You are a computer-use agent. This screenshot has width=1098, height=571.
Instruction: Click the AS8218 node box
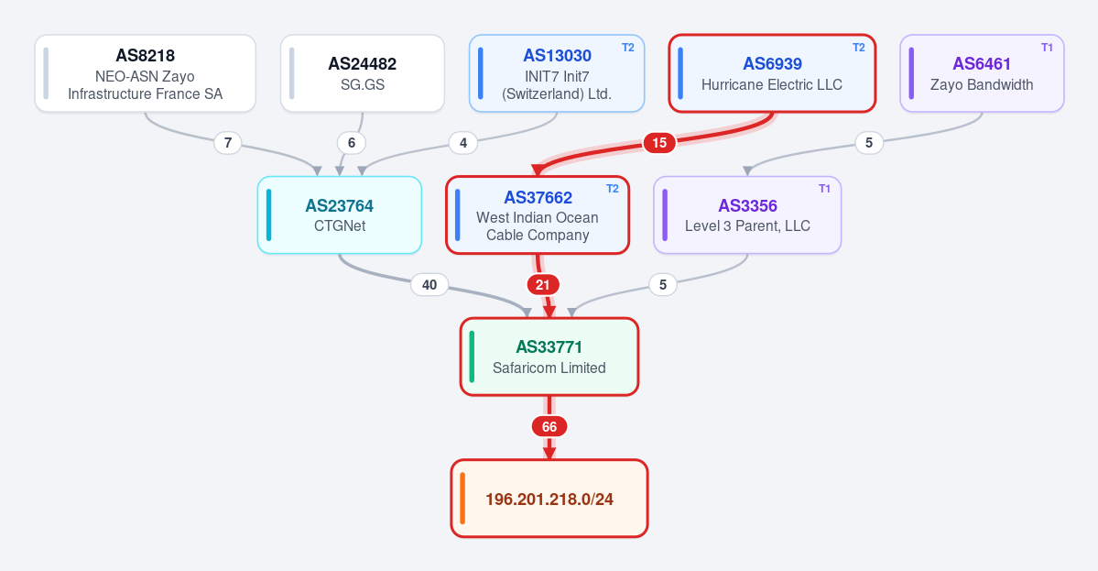pyautogui.click(x=145, y=73)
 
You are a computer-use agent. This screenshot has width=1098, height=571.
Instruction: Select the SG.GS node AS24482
pyautogui.click(x=363, y=73)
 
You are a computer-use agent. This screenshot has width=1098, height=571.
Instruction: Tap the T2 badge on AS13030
pyautogui.click(x=628, y=48)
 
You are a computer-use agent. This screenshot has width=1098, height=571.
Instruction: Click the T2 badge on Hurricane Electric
pyautogui.click(x=858, y=48)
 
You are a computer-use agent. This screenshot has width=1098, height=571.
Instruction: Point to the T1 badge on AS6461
pyautogui.click(x=1047, y=48)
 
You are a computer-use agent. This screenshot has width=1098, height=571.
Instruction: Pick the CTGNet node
pyautogui.click(x=340, y=215)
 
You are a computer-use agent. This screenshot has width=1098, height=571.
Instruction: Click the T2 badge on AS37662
pyautogui.click(x=612, y=189)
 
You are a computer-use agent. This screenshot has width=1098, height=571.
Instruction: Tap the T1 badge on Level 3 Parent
pyautogui.click(x=824, y=189)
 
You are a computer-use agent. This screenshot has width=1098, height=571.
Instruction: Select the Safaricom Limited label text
pyautogui.click(x=549, y=368)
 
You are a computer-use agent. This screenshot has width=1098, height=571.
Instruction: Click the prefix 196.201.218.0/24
pyautogui.click(x=549, y=499)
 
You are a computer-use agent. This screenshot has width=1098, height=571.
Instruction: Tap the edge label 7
pyautogui.click(x=228, y=143)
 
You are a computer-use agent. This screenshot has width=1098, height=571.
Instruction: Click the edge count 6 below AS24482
pyautogui.click(x=352, y=143)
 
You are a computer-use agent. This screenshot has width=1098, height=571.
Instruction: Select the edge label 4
pyautogui.click(x=462, y=143)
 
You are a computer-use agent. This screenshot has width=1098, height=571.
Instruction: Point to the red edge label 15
pyautogui.click(x=659, y=143)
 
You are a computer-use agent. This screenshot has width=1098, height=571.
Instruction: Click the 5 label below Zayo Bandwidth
pyautogui.click(x=869, y=143)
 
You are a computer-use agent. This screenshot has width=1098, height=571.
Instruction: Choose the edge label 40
pyautogui.click(x=429, y=284)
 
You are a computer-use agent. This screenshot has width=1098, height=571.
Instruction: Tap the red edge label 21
pyautogui.click(x=543, y=284)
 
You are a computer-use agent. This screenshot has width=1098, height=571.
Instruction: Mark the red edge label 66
pyautogui.click(x=549, y=427)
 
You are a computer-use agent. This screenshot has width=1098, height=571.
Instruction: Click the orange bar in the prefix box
pyautogui.click(x=462, y=499)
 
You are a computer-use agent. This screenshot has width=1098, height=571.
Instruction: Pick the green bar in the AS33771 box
pyautogui.click(x=472, y=357)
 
